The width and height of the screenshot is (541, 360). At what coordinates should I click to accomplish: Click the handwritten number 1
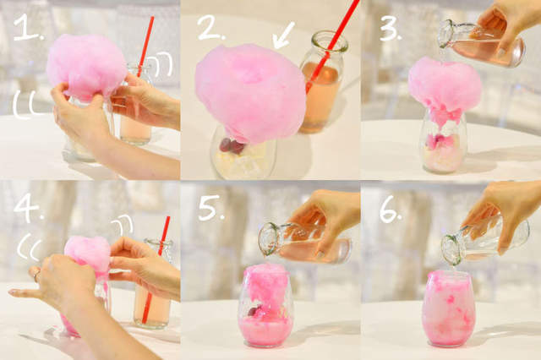click(x=27, y=28)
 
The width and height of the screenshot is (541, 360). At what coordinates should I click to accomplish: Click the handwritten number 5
click(x=210, y=208)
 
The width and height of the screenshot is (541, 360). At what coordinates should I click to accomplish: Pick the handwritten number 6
click(x=390, y=210)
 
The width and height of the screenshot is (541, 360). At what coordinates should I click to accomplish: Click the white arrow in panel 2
click(x=284, y=35)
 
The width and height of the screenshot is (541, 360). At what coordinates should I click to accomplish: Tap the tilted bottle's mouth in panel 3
click(x=445, y=34)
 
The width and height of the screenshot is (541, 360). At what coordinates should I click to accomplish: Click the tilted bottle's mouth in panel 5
click(x=266, y=239)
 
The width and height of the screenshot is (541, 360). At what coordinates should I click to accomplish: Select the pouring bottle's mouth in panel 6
click(x=451, y=249)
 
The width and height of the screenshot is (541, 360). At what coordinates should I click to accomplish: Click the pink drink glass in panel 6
click(x=449, y=308)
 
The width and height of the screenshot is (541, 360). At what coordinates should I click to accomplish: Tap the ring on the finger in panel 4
click(x=36, y=275)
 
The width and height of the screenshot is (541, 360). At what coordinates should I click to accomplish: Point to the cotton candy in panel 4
click(x=87, y=253)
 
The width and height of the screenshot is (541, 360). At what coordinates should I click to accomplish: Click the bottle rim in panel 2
click(x=330, y=41)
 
